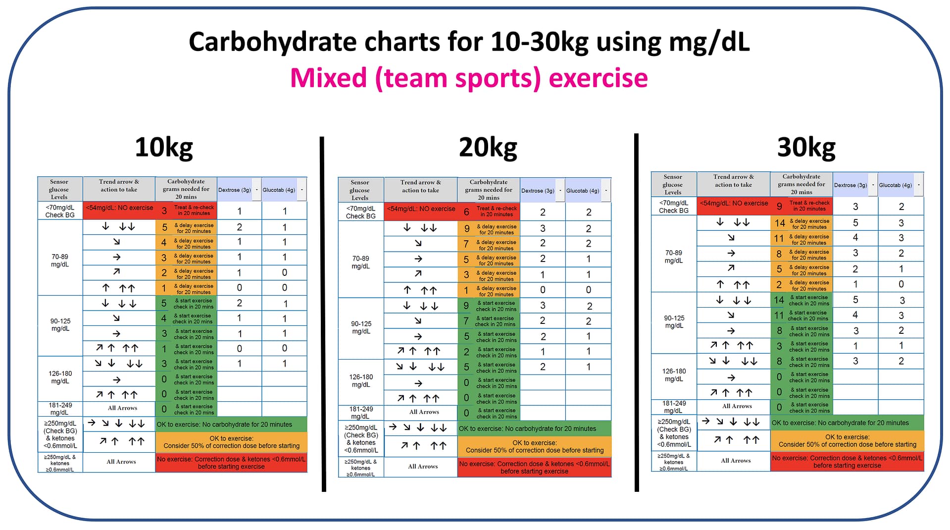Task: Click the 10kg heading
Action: tap(163, 147)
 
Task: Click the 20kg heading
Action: tap(488, 147)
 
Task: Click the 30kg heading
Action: tap(806, 147)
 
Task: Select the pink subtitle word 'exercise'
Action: tap(598, 78)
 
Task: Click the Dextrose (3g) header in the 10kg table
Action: tap(235, 190)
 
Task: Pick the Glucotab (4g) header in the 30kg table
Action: tap(895, 185)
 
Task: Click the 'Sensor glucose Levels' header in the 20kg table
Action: tap(360, 190)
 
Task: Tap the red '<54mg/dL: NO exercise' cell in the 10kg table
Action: tap(119, 208)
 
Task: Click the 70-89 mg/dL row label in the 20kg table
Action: tap(360, 262)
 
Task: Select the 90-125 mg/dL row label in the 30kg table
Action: tap(674, 321)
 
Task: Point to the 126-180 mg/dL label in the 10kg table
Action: tap(60, 377)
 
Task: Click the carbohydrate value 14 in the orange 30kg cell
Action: tap(780, 223)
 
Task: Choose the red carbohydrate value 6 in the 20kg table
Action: tap(466, 212)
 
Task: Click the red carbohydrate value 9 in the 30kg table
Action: tap(779, 206)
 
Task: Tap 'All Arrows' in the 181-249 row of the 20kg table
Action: tap(424, 412)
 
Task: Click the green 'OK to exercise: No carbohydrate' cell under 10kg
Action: tap(231, 424)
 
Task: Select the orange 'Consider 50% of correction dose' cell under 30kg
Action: tap(847, 441)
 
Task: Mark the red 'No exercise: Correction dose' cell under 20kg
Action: tap(534, 468)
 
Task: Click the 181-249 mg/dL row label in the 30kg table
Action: tap(673, 407)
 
